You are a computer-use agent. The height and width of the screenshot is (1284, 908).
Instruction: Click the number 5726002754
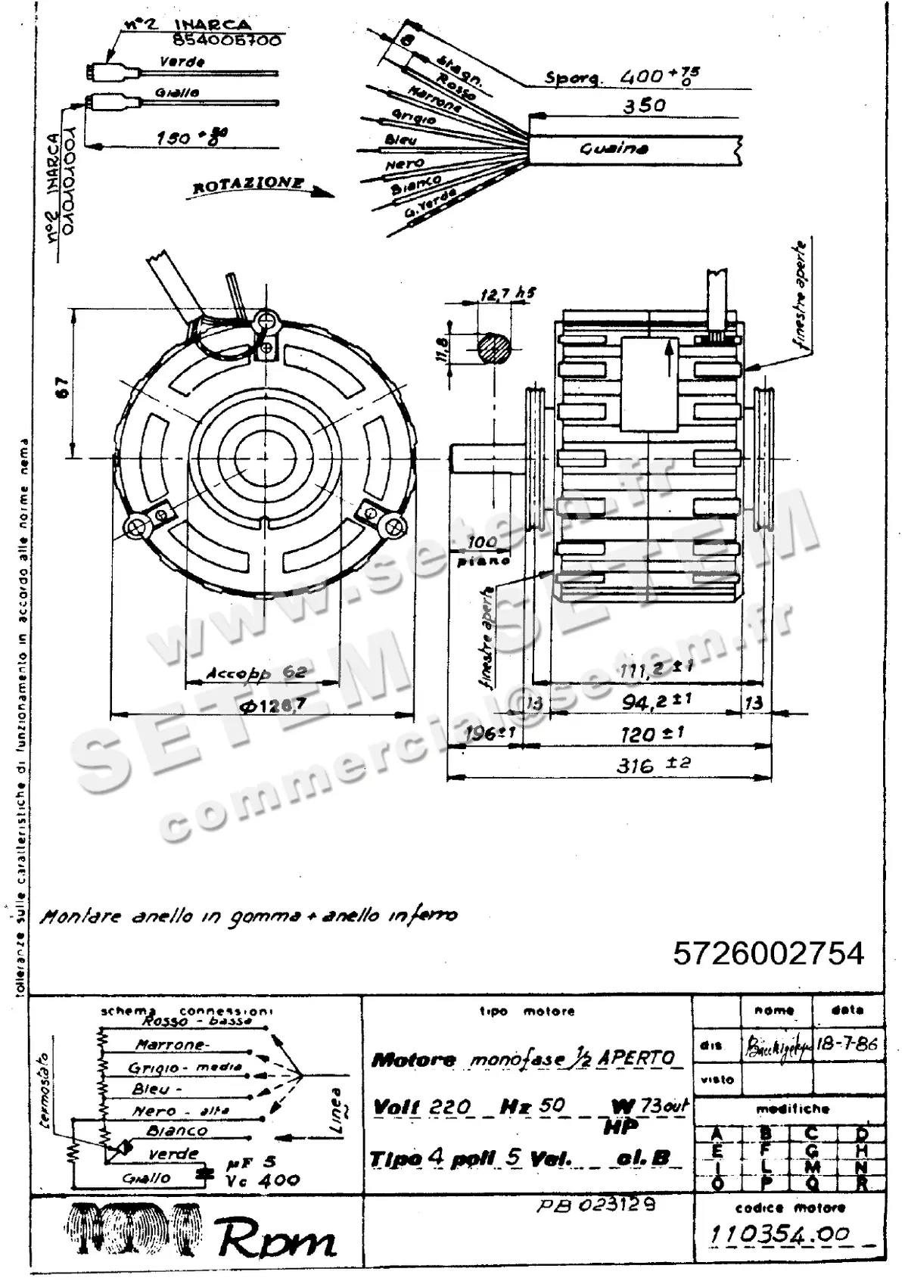768,953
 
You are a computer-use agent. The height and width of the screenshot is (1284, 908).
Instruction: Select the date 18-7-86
847,1044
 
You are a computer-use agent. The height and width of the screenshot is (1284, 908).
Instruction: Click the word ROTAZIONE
249,185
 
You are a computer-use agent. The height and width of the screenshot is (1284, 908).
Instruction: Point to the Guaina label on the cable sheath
614,148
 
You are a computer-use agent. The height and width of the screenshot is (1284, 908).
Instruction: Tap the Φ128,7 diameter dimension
273,705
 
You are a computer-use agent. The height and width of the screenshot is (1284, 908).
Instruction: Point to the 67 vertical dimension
64,387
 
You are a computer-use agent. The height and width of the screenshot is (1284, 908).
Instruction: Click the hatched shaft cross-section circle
494,352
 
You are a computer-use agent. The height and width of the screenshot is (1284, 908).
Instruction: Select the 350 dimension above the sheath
644,106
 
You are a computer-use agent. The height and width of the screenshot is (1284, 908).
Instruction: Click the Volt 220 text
421,1107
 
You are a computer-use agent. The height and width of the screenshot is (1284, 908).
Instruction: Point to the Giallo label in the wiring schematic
147,1178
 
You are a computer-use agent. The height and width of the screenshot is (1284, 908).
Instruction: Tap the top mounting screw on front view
266,321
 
